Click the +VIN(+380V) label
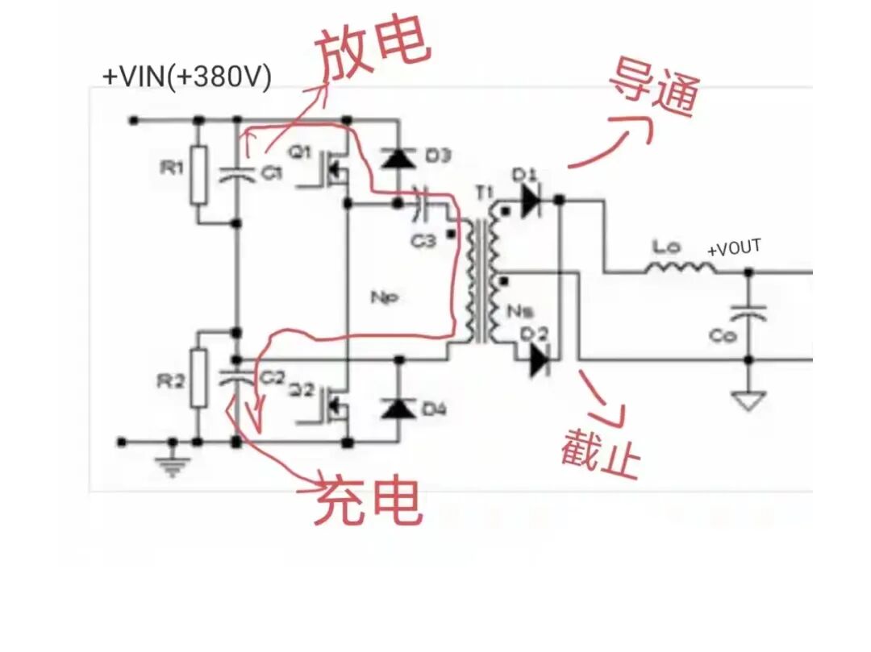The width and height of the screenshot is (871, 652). coord(186,77)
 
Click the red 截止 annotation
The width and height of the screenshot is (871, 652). coord(601,451)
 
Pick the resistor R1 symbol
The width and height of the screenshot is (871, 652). coord(198,174)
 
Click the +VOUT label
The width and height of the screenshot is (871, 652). coord(734,249)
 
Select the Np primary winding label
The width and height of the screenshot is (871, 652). coord(383,297)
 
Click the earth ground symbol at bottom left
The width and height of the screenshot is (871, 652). coord(172,463)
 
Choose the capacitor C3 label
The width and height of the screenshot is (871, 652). coord(421,239)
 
